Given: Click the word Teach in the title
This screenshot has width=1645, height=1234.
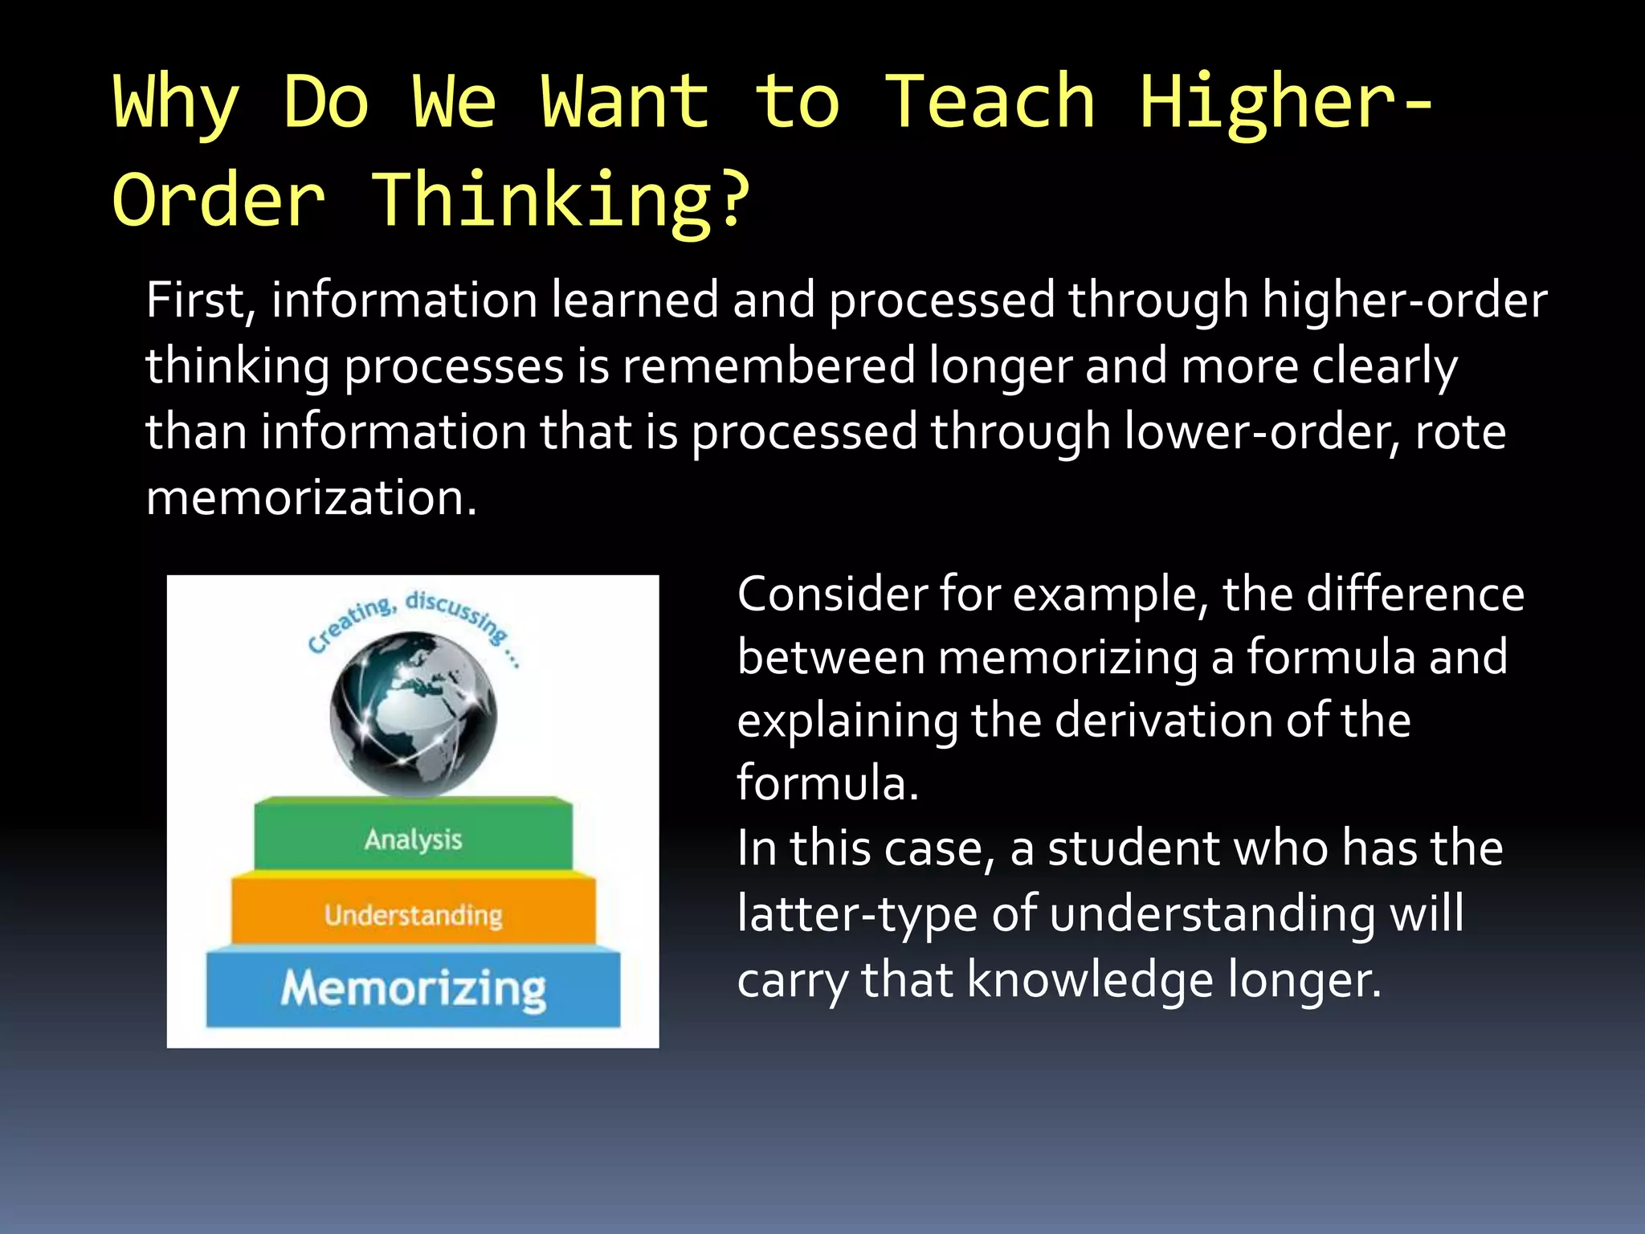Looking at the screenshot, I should (990, 102).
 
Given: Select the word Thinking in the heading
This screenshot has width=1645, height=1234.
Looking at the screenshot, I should (542, 200).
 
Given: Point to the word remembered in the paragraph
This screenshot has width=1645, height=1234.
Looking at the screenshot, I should (769, 366).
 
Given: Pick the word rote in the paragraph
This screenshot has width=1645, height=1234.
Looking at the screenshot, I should (1459, 432).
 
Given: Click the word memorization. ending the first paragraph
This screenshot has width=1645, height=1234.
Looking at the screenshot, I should (312, 498).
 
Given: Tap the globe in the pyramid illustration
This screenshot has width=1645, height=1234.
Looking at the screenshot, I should (413, 713).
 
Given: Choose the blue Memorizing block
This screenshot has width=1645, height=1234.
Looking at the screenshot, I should (413, 988).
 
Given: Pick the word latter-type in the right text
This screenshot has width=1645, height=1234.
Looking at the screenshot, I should (857, 914).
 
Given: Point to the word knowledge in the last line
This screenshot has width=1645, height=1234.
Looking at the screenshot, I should (1090, 980).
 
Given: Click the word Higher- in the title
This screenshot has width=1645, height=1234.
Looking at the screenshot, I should (1285, 102).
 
